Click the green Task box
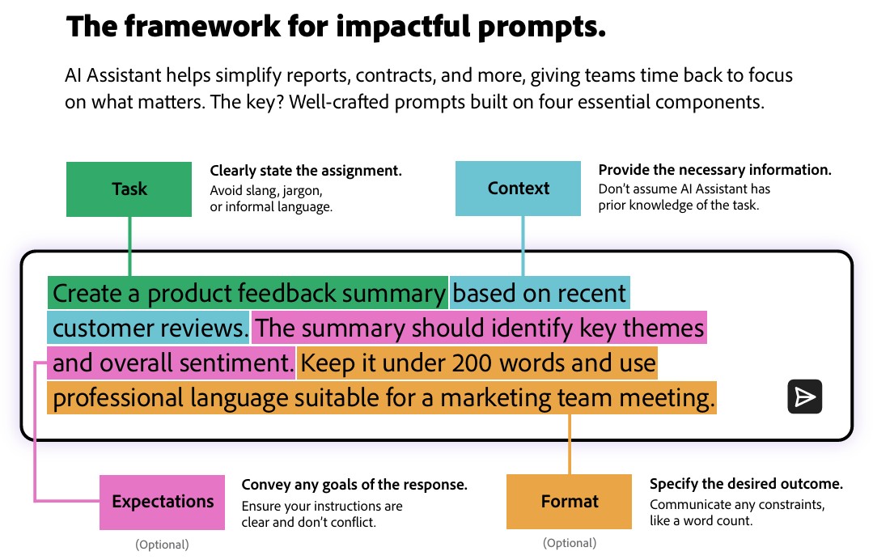click(129, 189)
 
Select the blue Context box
click(518, 189)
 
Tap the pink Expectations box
click(162, 502)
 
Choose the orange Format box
click(569, 502)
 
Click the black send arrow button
click(804, 397)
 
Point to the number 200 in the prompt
click(472, 363)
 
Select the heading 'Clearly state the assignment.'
click(306, 170)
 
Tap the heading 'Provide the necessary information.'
click(715, 170)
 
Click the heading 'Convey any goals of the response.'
click(354, 485)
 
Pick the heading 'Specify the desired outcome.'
click(746, 484)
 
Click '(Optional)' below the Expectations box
click(162, 545)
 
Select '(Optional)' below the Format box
click(570, 543)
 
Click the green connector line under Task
click(129, 246)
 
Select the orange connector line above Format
click(570, 444)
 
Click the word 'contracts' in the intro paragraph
click(396, 76)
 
